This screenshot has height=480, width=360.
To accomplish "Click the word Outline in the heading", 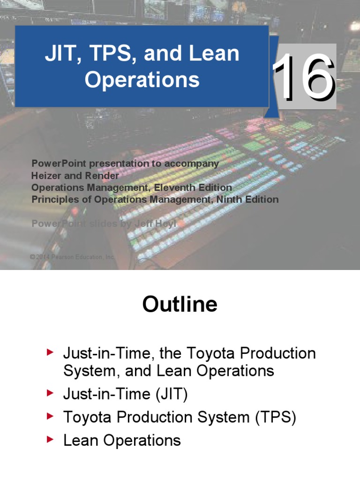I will [x=180, y=305].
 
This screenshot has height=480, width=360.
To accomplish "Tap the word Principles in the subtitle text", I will [x=53, y=199].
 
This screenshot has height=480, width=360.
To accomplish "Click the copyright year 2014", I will [x=43, y=257].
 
